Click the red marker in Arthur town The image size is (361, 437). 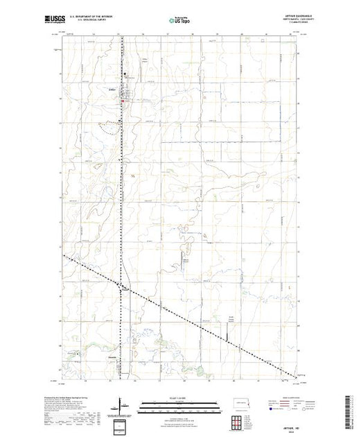(123, 103)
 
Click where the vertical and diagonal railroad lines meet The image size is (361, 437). (121, 286)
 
